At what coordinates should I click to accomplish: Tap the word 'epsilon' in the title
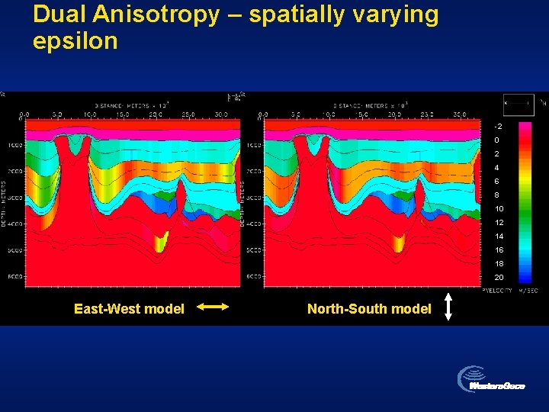(75, 41)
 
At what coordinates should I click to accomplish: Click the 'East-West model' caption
(129, 309)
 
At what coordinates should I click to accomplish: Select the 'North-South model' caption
(369, 309)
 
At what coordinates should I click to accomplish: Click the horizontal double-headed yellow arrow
(213, 307)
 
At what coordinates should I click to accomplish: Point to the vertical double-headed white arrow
(449, 307)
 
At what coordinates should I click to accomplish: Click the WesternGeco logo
(491, 381)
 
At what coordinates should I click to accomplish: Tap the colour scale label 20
(499, 277)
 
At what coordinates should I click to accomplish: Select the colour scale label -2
(498, 126)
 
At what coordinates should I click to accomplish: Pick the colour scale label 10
(499, 209)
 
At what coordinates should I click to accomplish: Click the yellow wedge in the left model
(160, 243)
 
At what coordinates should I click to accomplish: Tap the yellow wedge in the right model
(398, 243)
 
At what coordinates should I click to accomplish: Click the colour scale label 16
(499, 250)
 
